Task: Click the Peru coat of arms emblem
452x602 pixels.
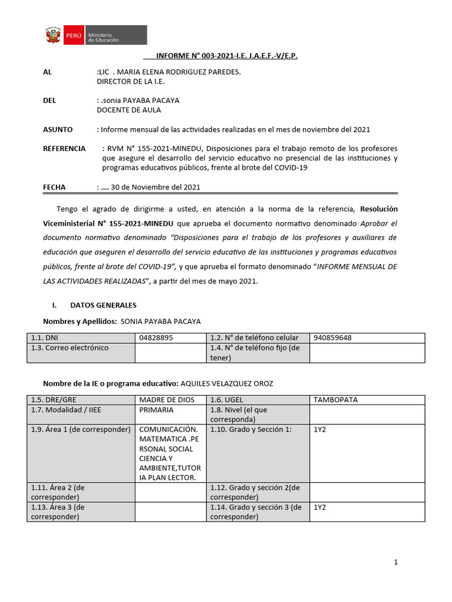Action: click(54, 36)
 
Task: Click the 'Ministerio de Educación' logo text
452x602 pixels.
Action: click(104, 37)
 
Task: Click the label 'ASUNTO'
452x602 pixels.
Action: click(58, 129)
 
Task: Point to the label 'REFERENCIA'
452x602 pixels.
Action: click(64, 149)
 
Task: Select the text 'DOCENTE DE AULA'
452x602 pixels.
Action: click(128, 110)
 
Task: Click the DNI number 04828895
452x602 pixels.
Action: click(156, 338)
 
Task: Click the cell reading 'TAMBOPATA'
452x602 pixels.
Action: click(335, 400)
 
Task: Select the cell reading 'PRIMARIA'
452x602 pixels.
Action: click(156, 410)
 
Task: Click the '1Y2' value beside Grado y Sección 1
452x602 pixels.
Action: click(320, 430)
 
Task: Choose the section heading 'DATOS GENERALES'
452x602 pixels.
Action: click(103, 305)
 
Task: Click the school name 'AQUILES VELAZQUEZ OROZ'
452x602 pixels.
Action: click(227, 383)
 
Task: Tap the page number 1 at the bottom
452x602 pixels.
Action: click(396, 562)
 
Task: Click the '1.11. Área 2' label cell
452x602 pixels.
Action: click(81, 491)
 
